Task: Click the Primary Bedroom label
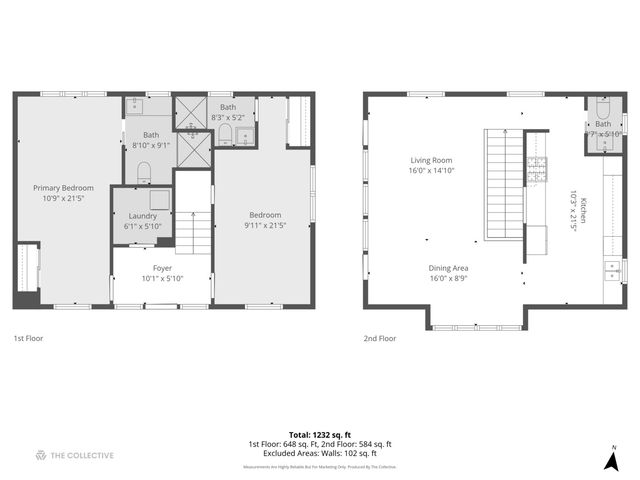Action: (x=63, y=188)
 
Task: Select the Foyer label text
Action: (x=162, y=268)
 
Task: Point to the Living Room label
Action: (x=431, y=160)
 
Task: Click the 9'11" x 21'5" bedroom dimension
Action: (x=265, y=226)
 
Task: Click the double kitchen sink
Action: (x=610, y=268)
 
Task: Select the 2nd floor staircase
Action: (x=505, y=185)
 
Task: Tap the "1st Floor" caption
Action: (x=28, y=338)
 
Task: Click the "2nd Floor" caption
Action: (x=379, y=338)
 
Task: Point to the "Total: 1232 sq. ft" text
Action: (x=319, y=435)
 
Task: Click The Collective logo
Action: (x=74, y=455)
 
